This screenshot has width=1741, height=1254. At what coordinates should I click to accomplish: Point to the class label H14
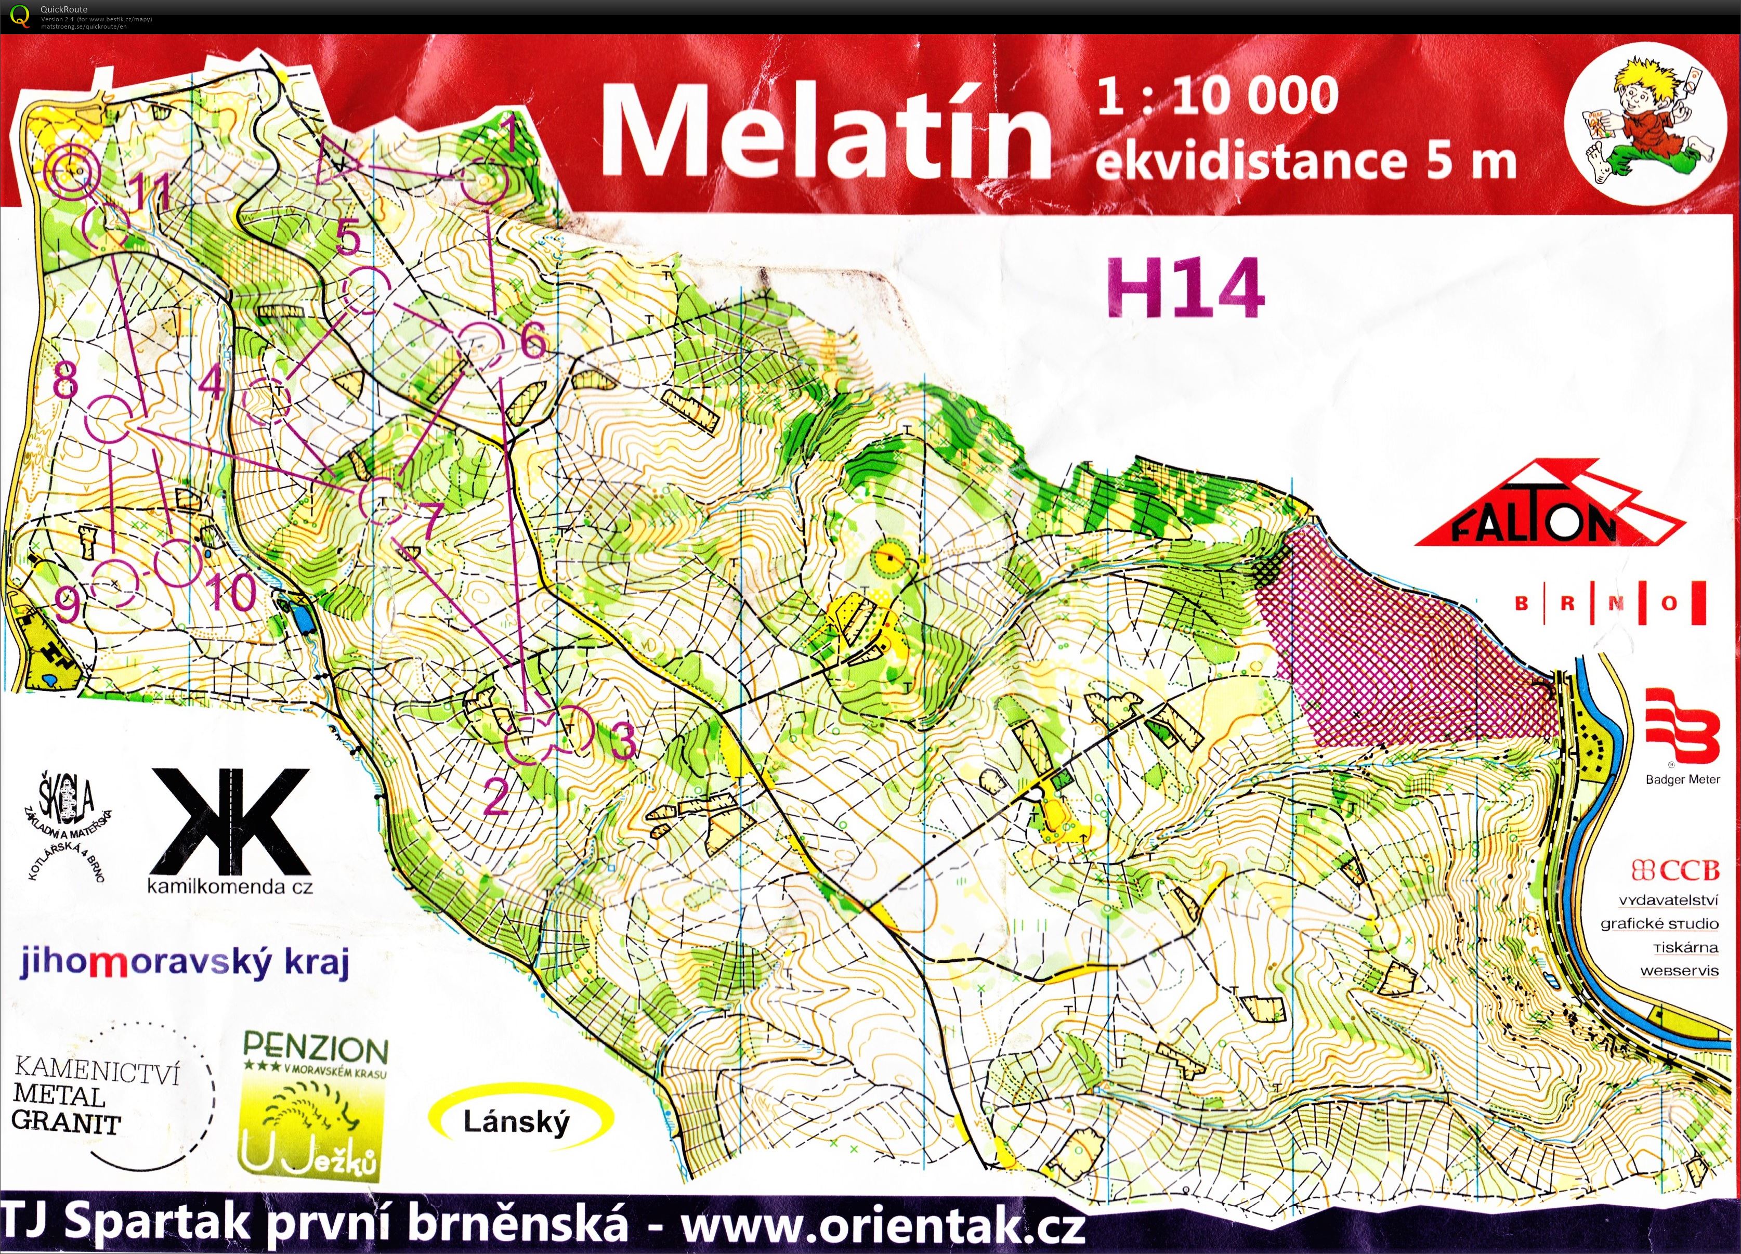click(x=1185, y=289)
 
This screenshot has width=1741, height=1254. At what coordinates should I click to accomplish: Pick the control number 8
click(x=66, y=378)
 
